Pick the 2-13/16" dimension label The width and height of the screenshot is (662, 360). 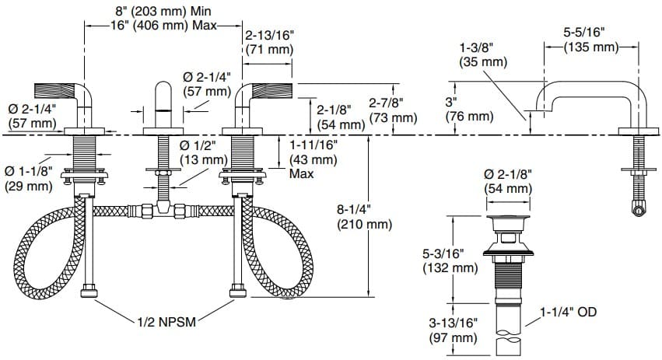click(269, 35)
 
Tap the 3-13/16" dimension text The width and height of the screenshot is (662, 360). click(452, 323)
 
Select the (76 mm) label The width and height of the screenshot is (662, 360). click(469, 116)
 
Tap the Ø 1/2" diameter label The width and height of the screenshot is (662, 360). click(203, 145)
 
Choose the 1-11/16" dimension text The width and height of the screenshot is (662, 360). click(313, 145)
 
